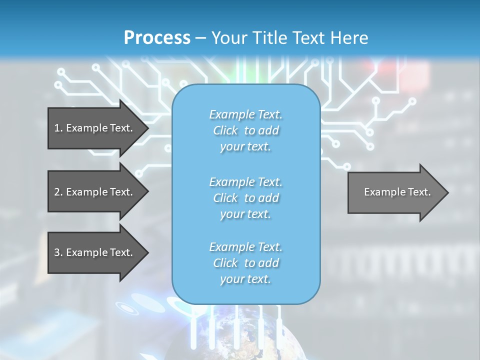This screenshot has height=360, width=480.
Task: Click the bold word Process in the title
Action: click(157, 37)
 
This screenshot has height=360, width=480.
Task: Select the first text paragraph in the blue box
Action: click(245, 130)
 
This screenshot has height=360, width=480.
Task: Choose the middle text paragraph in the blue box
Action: click(245, 198)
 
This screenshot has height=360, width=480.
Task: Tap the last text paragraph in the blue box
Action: click(245, 263)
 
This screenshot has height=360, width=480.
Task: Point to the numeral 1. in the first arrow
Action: click(58, 128)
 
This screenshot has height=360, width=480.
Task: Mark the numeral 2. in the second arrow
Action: click(58, 192)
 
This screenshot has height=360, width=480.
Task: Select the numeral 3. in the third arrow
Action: click(58, 252)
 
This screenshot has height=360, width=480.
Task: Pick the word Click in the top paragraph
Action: click(225, 130)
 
